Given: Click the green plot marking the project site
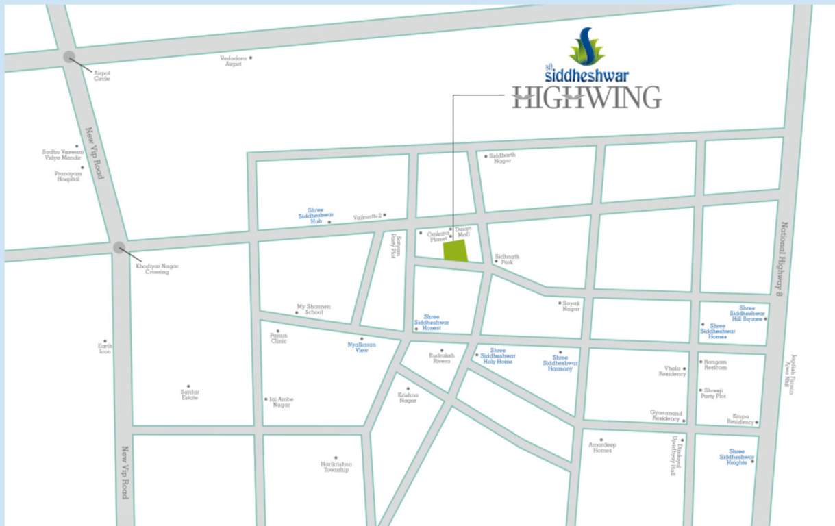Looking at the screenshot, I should (x=456, y=251).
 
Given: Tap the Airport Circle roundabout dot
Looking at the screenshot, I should (x=69, y=57).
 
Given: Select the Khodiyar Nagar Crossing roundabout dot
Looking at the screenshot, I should (x=119, y=247).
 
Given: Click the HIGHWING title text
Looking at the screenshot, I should (x=586, y=97).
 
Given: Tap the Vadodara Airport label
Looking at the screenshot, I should (x=232, y=61).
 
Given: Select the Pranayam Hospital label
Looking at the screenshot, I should (x=68, y=176).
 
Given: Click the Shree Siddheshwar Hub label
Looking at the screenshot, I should (x=315, y=216).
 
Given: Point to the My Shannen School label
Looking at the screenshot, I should (x=313, y=310).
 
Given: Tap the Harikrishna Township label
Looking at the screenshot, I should (x=335, y=467).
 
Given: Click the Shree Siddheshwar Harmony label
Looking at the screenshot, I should (x=560, y=363).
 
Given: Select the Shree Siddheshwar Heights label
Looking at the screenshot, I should (x=736, y=457).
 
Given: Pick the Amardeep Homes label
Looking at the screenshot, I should (x=602, y=447).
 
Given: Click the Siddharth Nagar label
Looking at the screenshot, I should (x=502, y=158).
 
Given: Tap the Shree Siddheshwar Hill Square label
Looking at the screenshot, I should (x=747, y=314).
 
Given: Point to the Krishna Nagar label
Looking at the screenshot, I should (x=408, y=397).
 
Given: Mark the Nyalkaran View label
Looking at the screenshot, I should (x=362, y=347).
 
